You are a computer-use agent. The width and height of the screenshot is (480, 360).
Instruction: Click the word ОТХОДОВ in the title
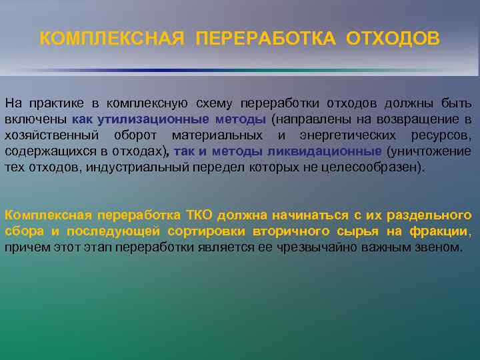coord(393,39)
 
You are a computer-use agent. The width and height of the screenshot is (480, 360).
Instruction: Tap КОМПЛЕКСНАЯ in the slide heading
coord(111,39)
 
